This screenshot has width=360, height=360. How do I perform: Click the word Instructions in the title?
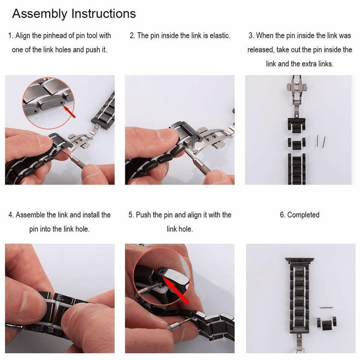point(103,14)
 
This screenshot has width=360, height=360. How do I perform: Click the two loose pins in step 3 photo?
point(320,141)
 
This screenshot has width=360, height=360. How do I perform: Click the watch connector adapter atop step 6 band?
point(299,260)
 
